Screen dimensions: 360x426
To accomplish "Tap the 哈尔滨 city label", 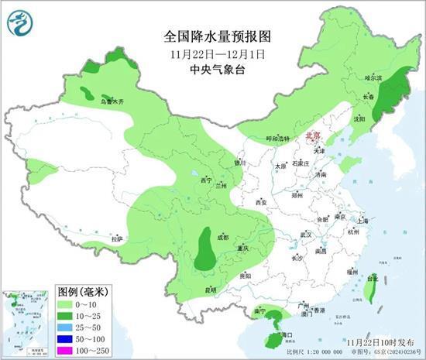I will [x=374, y=78].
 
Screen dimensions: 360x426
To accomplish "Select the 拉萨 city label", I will [x=117, y=239].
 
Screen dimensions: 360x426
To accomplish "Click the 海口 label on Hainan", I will [x=287, y=334].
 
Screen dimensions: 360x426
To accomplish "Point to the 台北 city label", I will [x=373, y=279].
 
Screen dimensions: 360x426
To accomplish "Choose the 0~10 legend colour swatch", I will [x=67, y=306].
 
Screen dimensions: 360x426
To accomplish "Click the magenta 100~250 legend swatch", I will [x=67, y=350].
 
